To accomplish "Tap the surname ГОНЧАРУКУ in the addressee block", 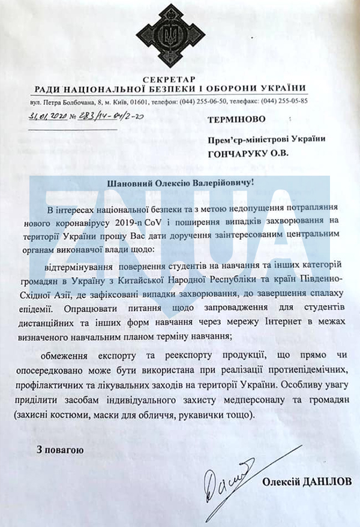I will (237, 154).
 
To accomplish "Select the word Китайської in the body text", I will (157, 279).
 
